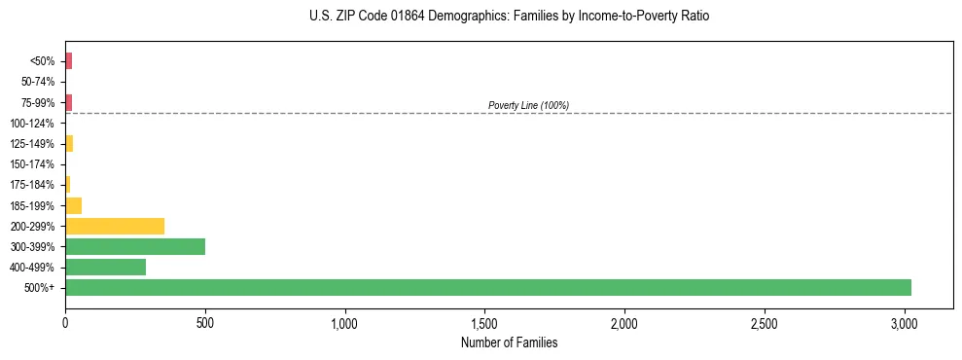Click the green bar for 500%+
[x=487, y=288]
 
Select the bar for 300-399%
[x=135, y=246]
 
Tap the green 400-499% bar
[x=105, y=267]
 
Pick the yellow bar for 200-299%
[x=115, y=226]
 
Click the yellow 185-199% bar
[x=73, y=205]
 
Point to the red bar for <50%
[x=68, y=61]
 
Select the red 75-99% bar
[x=68, y=102]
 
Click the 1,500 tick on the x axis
[x=484, y=323]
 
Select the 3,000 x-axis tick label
[x=905, y=323]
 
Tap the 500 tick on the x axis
[x=205, y=323]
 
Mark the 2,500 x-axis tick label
[x=765, y=323]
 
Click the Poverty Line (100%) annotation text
[x=528, y=105]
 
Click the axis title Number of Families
[x=509, y=342]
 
